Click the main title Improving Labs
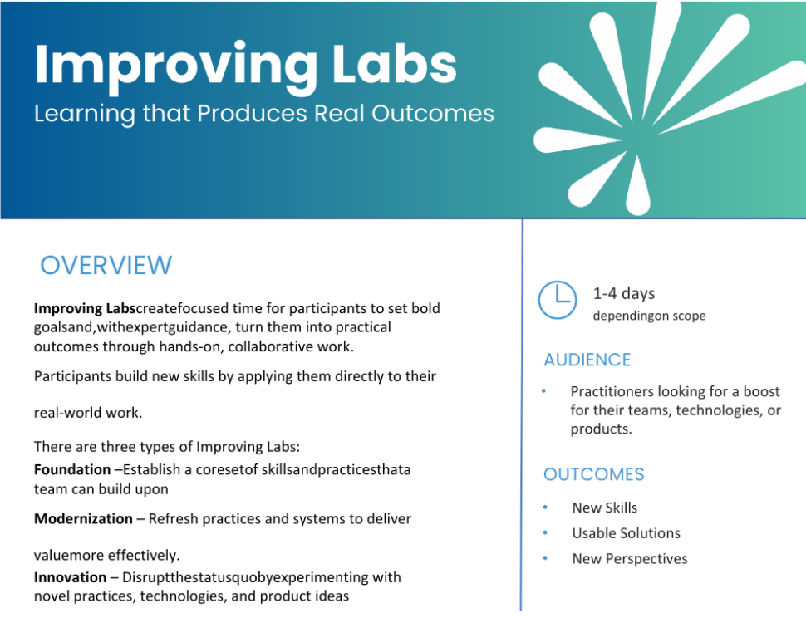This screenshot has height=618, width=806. coord(245,65)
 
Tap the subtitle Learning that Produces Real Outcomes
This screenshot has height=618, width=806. coord(263,113)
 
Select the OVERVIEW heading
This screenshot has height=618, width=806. coord(106,265)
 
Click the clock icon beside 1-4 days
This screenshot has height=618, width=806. coord(557,300)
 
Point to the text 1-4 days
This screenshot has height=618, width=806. coord(623,293)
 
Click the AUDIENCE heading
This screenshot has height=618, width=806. coord(587,360)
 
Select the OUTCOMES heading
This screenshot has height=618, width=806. coord(593,474)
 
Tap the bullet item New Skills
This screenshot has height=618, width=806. coord(604,508)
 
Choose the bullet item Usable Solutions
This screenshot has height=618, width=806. coord(626,533)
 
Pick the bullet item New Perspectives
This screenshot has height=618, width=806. coord(629,559)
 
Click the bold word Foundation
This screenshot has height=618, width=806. coord(71,469)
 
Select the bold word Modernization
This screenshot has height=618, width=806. coord(83,518)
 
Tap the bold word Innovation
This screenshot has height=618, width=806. coord(70,576)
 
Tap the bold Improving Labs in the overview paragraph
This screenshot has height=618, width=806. coord(84,308)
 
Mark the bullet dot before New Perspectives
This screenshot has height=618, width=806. coord(545,559)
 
